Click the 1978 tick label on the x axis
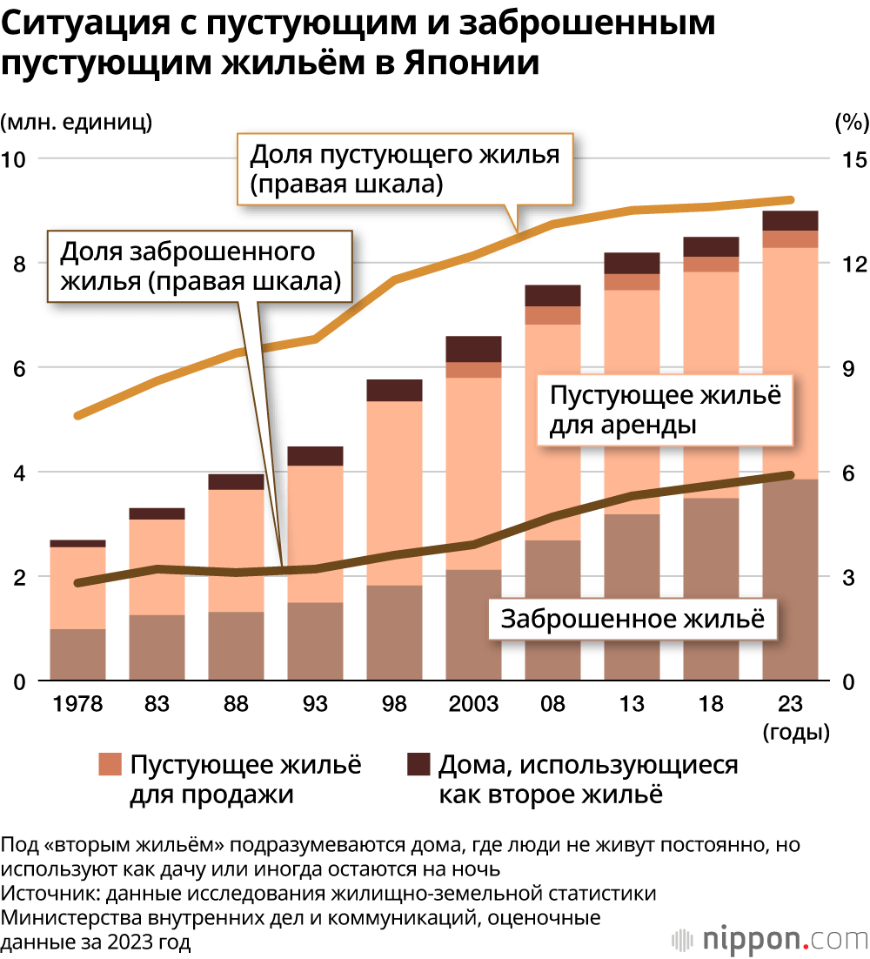click(77, 704)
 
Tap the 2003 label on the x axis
click(472, 704)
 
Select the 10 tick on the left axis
click(17, 159)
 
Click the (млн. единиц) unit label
click(77, 122)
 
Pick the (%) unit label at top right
click(851, 122)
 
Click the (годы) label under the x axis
click(795, 732)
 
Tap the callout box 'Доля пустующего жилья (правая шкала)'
click(405, 170)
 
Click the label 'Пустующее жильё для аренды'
click(666, 411)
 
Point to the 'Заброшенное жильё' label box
click(632, 619)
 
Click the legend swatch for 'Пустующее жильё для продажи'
click(110, 765)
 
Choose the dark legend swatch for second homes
click(418, 765)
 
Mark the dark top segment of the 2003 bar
click(473, 348)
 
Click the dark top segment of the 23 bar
click(790, 220)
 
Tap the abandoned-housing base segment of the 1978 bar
click(77, 654)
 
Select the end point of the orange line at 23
click(790, 200)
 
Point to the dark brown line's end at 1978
click(78, 583)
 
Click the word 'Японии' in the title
click(472, 65)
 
